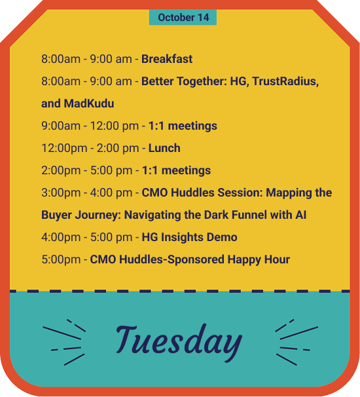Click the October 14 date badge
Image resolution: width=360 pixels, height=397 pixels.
183,17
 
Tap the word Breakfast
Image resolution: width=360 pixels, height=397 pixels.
167,59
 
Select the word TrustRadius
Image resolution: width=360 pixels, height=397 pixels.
285,81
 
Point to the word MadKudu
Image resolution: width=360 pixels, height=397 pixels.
89,104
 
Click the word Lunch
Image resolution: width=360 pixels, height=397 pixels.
164,148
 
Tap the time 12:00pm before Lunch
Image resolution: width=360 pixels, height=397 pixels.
64,148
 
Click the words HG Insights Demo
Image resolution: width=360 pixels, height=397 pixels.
189,237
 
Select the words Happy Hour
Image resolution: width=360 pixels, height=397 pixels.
259,260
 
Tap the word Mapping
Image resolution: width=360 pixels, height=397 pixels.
289,193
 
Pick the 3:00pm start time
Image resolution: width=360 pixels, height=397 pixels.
61,193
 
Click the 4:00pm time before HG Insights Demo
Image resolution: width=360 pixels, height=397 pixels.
61,237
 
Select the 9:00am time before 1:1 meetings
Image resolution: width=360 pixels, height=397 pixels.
61,126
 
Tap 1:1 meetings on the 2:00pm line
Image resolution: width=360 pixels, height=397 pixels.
176,170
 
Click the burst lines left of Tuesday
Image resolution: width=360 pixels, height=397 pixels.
64,342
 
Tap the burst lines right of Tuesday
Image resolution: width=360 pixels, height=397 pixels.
297,342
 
